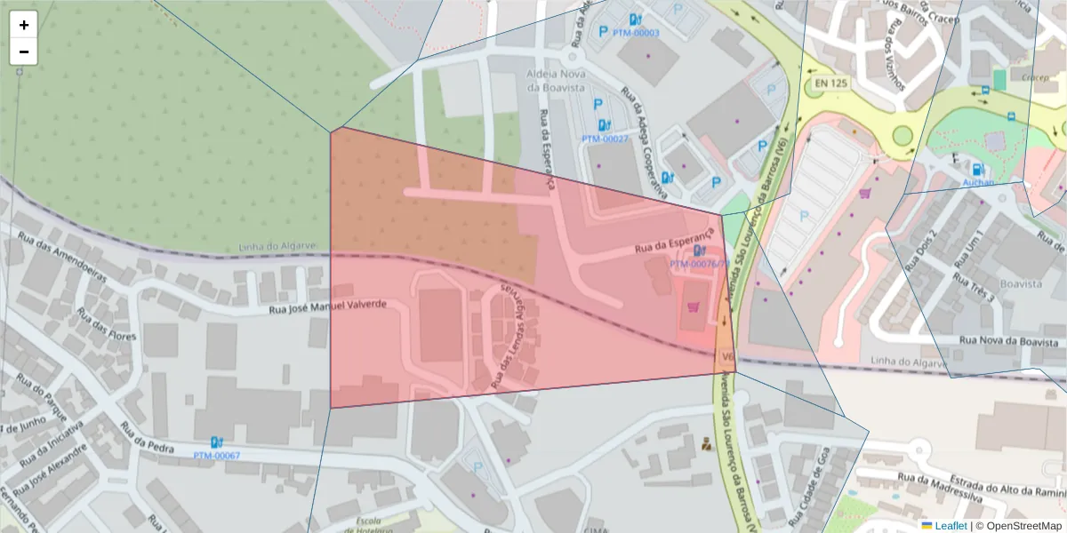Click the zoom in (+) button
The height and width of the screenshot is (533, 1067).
click(24, 25)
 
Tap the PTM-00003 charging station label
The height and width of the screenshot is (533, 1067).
click(636, 33)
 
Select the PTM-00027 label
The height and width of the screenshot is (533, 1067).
click(605, 139)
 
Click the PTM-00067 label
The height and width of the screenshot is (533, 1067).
click(216, 456)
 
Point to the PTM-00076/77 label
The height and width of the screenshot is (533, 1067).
click(699, 264)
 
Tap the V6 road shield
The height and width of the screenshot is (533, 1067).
click(726, 357)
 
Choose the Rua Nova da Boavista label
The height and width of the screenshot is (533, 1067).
click(1012, 341)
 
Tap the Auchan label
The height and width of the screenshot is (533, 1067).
click(978, 182)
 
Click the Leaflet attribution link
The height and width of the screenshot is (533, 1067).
click(951, 526)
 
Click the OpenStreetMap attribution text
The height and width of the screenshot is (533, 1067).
click(1023, 526)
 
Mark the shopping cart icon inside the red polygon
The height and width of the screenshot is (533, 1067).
click(692, 307)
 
